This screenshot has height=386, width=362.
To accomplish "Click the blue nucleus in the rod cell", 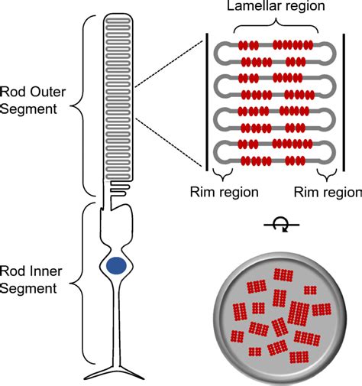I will [116, 265].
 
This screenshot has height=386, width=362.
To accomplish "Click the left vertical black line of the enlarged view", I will [207, 101].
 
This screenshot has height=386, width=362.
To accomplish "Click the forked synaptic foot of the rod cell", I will [116, 374].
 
